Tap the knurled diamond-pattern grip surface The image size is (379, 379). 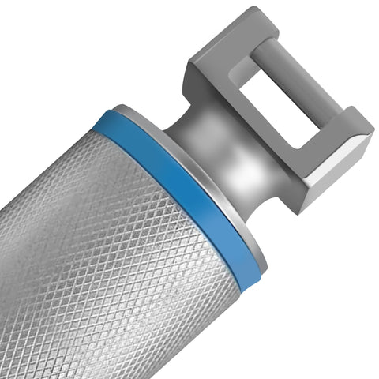(x=103, y=261)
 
